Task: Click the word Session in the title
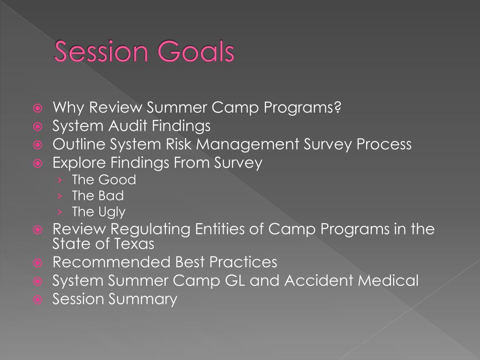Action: (x=99, y=52)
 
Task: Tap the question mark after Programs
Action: (x=337, y=108)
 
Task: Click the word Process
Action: (x=384, y=144)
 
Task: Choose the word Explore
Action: (x=79, y=163)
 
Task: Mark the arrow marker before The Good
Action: (x=60, y=180)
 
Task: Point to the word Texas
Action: (x=134, y=244)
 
